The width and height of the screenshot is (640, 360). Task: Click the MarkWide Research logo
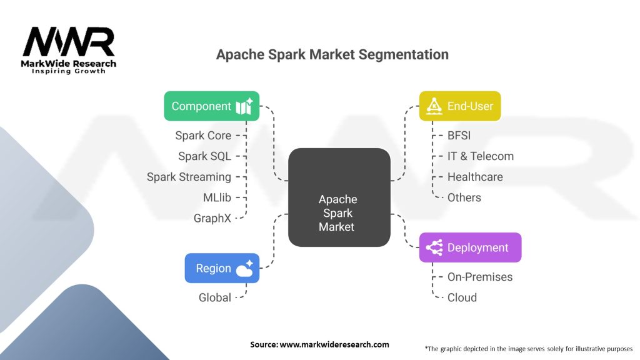click(x=69, y=50)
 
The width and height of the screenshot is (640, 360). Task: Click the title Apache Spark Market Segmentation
click(x=332, y=54)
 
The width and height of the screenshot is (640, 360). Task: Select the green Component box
click(x=211, y=106)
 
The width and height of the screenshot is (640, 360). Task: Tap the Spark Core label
click(x=203, y=136)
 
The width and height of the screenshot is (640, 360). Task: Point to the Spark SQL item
click(x=204, y=156)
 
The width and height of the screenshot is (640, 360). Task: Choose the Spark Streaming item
click(x=189, y=177)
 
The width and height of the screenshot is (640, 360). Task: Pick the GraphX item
click(x=212, y=218)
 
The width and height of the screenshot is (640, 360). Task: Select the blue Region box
click(x=222, y=268)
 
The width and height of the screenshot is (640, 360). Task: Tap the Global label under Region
click(x=215, y=297)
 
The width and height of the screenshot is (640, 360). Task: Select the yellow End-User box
click(x=459, y=106)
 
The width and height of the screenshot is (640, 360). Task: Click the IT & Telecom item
click(x=481, y=156)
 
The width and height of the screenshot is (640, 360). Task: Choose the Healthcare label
click(x=475, y=177)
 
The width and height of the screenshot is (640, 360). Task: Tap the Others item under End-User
click(x=464, y=197)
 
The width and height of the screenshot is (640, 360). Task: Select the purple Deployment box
click(x=470, y=247)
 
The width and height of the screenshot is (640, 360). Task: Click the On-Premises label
click(x=480, y=277)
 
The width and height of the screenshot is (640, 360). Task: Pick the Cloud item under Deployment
click(x=462, y=297)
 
